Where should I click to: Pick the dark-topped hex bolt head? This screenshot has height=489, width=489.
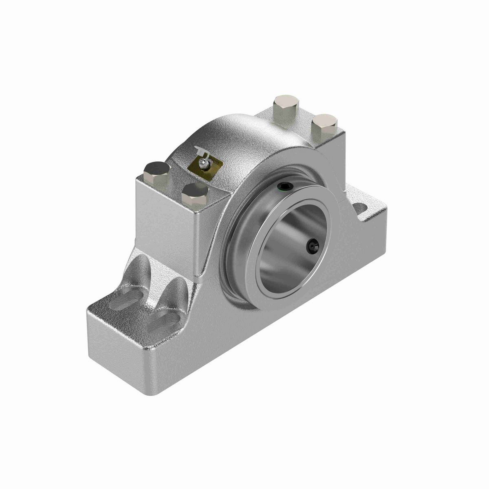(157, 168)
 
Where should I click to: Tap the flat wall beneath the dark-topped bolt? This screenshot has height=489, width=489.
(163, 220)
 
